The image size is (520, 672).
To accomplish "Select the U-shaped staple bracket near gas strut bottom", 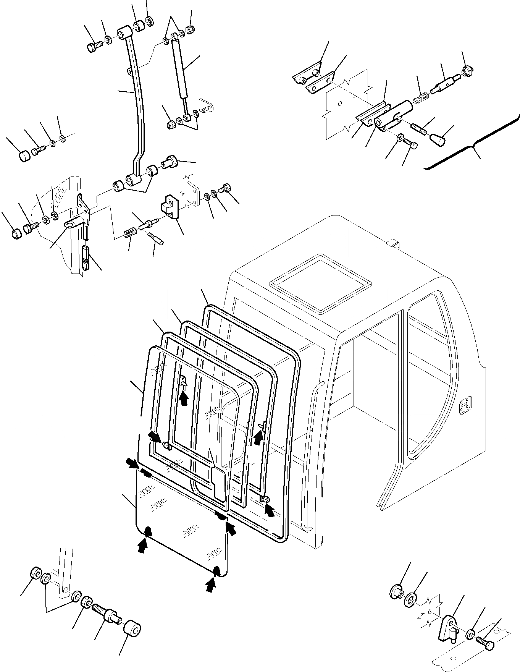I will [x=206, y=106].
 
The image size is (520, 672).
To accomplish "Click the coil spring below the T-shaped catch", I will [x=131, y=232].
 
